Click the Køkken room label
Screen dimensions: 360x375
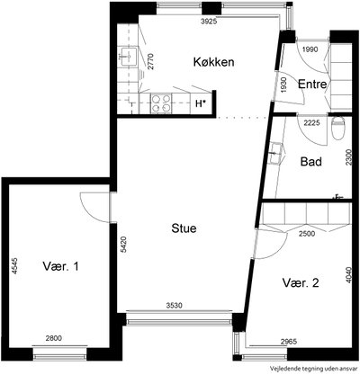tap(213, 62)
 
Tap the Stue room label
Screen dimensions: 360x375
tap(184, 228)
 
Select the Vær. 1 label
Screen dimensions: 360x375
tap(60, 266)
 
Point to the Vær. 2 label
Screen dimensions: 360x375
tap(301, 282)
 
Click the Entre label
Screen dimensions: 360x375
tap(312, 85)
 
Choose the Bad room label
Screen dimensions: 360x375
tap(311, 162)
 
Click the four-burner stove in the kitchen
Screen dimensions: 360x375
tap(161, 103)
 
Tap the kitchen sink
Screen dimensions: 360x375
tap(128, 57)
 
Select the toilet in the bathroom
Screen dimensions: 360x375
tap(338, 129)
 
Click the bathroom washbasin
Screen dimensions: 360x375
tap(276, 153)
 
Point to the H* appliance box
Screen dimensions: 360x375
tap(201, 103)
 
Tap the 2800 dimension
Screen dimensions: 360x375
tap(53, 338)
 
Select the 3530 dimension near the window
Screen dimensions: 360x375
tap(175, 306)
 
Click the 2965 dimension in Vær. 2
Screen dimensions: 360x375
tap(288, 342)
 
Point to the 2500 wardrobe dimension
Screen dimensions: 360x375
tap(306, 234)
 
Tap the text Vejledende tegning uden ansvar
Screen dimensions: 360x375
tap(314, 368)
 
